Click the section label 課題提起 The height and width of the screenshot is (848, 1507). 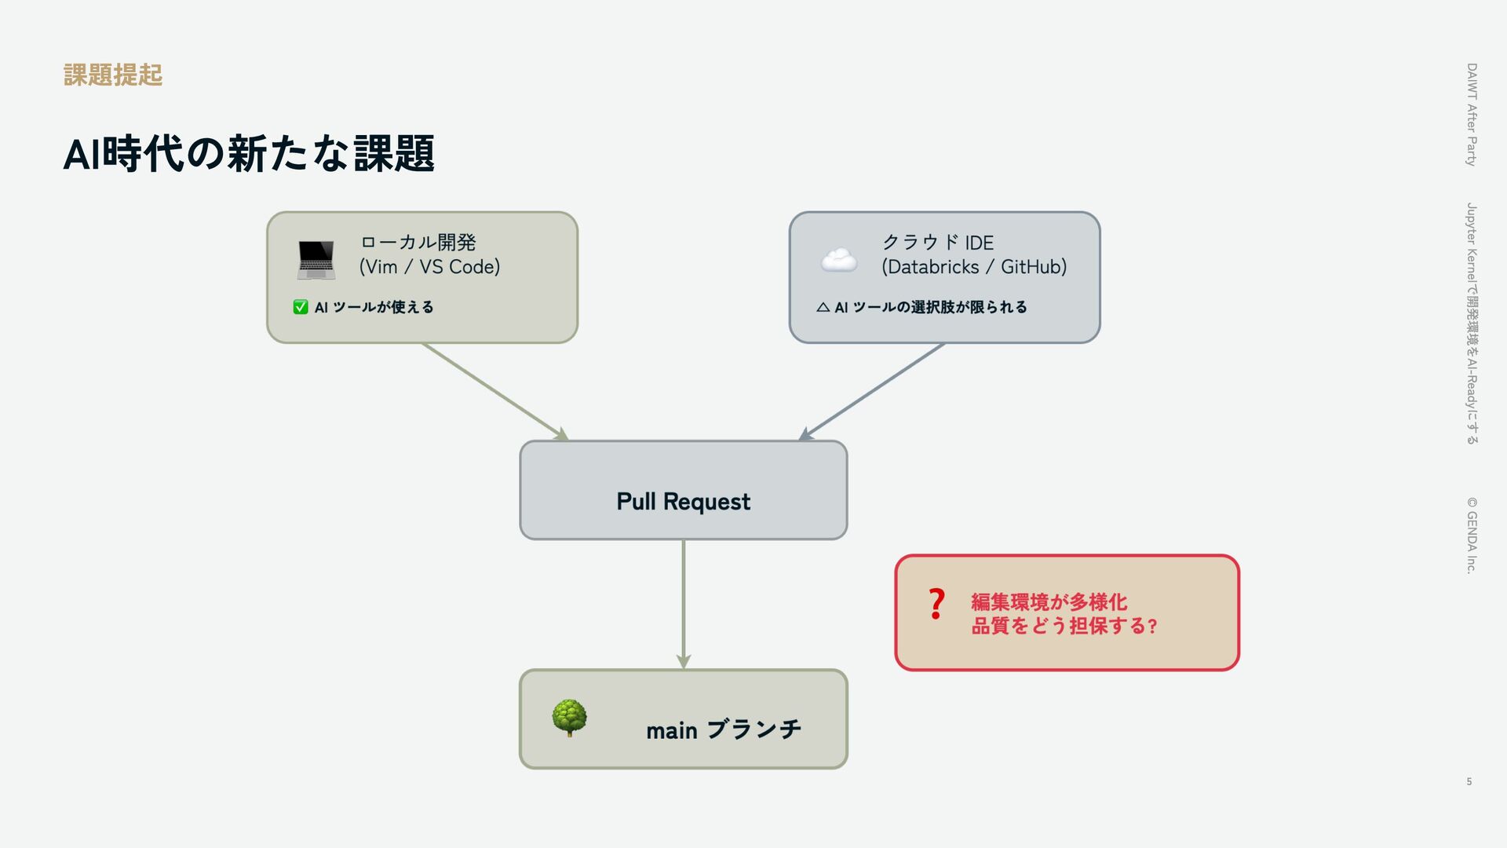point(113,75)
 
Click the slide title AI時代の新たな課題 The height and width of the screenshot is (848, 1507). point(248,153)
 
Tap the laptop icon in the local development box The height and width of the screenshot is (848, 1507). point(316,260)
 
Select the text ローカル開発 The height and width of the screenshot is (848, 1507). point(418,242)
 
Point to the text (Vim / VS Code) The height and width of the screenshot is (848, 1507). point(429,267)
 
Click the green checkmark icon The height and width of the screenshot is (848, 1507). point(301,307)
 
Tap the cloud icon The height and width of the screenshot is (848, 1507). point(838,260)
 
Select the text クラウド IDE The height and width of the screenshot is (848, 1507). point(938,242)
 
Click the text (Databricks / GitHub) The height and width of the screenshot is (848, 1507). point(973,267)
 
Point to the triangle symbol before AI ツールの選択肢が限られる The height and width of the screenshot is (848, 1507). point(823,307)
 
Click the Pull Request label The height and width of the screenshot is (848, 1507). point(683,501)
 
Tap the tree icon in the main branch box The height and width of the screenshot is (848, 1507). point(569,718)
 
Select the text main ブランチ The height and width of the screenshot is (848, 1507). point(723,729)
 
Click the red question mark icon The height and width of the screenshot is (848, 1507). point(936,604)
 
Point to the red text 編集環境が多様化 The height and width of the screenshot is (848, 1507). point(1049,601)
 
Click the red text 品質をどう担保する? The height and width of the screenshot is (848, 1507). point(1064,626)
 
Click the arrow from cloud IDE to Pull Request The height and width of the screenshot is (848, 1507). point(871,391)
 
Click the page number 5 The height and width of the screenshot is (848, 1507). point(1469,781)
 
